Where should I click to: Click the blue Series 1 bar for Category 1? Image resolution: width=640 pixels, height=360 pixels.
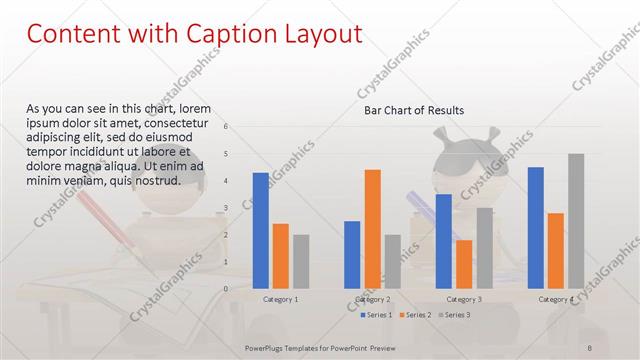coord(260,230)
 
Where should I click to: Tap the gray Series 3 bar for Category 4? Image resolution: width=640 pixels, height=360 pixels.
coord(576,221)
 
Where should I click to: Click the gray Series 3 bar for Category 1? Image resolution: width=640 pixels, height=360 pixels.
coord(301,261)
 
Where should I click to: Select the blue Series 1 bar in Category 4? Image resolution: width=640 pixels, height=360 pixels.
coord(536,227)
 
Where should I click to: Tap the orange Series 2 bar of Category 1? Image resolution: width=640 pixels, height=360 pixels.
coord(281,255)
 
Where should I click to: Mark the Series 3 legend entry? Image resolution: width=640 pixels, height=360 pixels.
coord(453,315)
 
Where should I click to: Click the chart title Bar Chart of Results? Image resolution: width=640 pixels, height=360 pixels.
coord(413,110)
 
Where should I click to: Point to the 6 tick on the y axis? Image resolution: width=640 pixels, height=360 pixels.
coord(226,127)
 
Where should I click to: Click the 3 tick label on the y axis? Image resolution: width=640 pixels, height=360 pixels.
coord(226,208)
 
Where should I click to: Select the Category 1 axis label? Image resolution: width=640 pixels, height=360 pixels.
coord(280,299)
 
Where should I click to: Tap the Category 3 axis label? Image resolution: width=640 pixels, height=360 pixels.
coord(464,299)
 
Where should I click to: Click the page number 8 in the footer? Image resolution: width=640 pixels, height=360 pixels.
coord(590,347)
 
